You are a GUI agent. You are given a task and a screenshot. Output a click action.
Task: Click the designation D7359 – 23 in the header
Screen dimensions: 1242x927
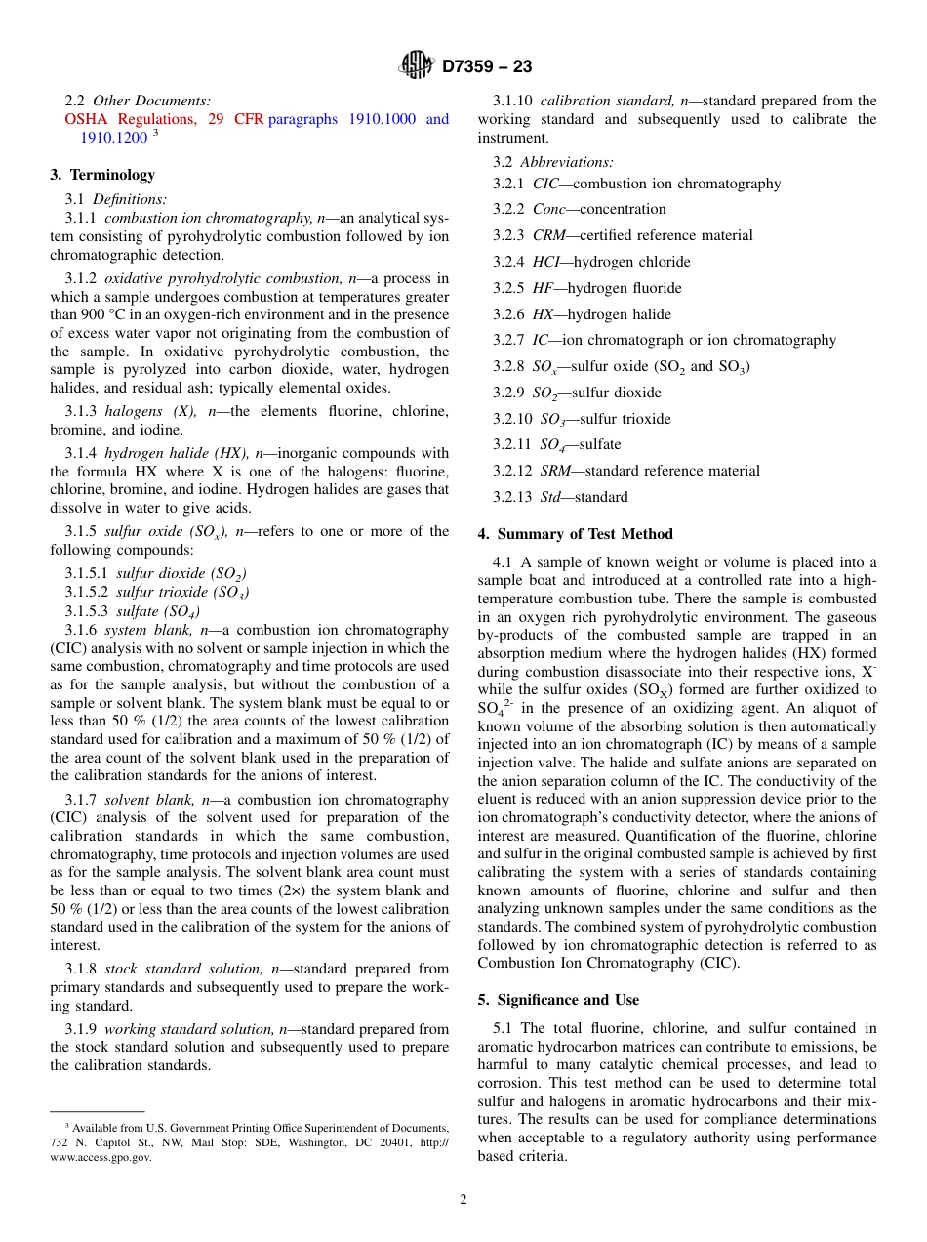[x=486, y=67]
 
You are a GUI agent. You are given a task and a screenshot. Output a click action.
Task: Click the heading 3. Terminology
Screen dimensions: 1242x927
[x=102, y=175]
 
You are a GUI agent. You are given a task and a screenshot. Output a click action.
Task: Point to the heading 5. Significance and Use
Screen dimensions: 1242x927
[x=558, y=1000]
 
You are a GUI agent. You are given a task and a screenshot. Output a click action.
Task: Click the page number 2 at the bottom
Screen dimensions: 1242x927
[x=463, y=1200]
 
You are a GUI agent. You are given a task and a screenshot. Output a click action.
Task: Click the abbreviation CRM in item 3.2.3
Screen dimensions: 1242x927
[x=548, y=235]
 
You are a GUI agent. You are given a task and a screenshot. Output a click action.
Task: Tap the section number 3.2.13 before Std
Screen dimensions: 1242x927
[x=512, y=497]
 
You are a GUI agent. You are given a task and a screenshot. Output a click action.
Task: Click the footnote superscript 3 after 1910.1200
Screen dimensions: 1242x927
[x=155, y=134]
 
